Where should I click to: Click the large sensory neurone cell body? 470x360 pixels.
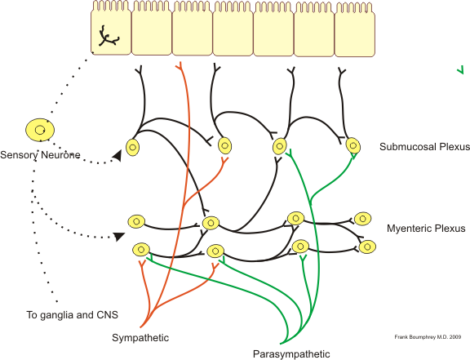[x=39, y=129]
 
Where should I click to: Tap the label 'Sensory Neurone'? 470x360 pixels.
[x=40, y=155]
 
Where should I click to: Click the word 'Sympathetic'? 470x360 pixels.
[x=140, y=337]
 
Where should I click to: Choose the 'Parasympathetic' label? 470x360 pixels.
[x=291, y=353]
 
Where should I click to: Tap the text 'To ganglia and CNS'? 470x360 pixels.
[x=64, y=314]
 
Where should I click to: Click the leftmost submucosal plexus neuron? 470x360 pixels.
[x=132, y=149]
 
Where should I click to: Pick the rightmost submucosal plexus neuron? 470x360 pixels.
[x=353, y=145]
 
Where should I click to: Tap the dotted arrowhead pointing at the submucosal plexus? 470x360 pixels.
[x=118, y=153]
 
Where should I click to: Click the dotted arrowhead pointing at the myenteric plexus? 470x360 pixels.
[x=119, y=236]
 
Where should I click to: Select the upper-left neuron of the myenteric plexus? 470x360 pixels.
[x=136, y=221]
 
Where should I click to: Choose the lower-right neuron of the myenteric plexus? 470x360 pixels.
[x=368, y=245]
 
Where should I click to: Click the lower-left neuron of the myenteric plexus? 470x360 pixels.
[x=141, y=250]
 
